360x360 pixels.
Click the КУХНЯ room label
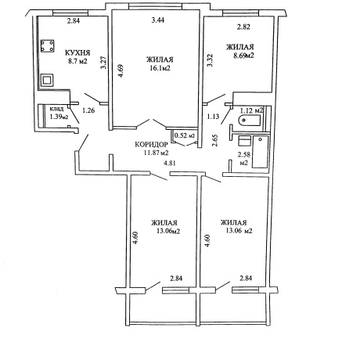(77, 53)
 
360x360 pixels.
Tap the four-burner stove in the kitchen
(47, 46)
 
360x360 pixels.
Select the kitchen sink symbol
(47, 80)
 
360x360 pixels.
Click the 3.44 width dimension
(158, 20)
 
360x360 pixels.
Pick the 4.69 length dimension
(121, 70)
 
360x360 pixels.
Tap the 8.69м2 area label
(244, 56)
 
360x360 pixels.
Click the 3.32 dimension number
(210, 60)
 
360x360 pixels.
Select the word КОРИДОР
(151, 145)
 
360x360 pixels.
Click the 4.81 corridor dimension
(169, 164)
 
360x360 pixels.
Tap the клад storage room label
(56, 109)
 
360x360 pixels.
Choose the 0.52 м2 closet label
(185, 135)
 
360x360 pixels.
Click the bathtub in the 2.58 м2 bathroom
(260, 152)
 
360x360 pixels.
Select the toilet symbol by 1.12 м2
(249, 121)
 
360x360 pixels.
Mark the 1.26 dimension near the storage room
(88, 110)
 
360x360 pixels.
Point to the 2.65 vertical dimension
(215, 140)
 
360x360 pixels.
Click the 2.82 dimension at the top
(243, 27)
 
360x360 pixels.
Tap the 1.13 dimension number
(213, 117)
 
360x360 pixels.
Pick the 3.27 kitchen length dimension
(103, 63)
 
